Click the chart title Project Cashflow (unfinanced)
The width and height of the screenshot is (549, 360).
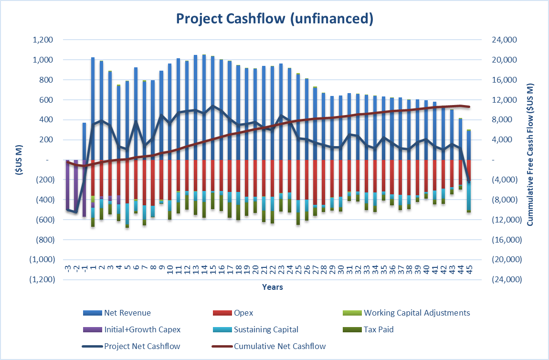click(x=274, y=19)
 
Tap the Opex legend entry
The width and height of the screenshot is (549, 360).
click(x=243, y=313)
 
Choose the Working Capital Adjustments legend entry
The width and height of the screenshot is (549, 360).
click(x=416, y=313)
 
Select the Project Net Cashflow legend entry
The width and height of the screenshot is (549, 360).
click(x=142, y=346)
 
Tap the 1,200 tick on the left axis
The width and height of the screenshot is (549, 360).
click(x=42, y=40)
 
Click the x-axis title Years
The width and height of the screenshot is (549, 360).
click(x=272, y=287)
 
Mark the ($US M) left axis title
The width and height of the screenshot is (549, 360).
click(x=19, y=159)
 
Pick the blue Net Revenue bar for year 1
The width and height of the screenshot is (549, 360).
click(x=93, y=110)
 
